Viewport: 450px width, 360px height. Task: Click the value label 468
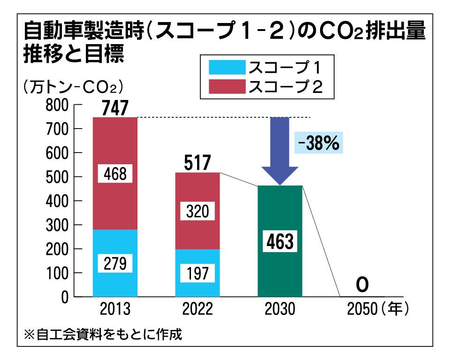115,174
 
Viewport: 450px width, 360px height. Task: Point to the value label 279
115,263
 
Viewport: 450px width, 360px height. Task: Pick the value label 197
198,273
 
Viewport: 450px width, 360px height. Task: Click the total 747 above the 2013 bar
115,109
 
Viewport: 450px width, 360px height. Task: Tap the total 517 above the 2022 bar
198,164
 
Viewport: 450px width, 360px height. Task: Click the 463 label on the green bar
280,242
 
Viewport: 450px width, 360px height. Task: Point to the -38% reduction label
320,143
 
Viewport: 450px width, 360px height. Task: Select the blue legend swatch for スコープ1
223,68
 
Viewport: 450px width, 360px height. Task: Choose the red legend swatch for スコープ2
223,86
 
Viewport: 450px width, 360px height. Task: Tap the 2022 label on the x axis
198,309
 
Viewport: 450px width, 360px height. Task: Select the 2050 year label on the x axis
363,309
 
